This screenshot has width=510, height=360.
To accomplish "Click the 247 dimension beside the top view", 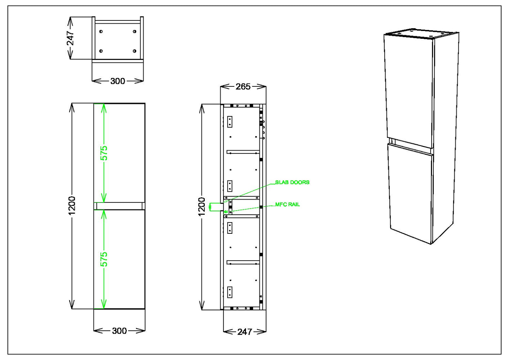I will (x=71, y=38).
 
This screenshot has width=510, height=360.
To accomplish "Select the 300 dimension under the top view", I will (x=118, y=81).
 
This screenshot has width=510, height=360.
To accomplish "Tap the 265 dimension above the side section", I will (x=243, y=87).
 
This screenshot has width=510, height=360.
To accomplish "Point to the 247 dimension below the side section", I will (x=244, y=331).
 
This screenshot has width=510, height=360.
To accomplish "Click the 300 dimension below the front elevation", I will (x=119, y=331).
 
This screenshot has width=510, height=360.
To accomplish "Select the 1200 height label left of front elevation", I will (x=72, y=206).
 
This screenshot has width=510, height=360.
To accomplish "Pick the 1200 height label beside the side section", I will (x=202, y=207).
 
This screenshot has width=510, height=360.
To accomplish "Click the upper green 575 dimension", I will (x=104, y=153).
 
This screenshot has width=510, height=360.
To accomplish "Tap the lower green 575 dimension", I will (x=104, y=259).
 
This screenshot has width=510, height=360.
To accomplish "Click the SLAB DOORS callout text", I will (x=292, y=182).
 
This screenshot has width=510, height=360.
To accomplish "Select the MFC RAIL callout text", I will (x=287, y=205).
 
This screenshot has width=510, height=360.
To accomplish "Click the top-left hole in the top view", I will (x=101, y=32).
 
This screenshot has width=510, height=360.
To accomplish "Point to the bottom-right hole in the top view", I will (x=134, y=51).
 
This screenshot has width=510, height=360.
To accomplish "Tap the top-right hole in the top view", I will (x=134, y=32).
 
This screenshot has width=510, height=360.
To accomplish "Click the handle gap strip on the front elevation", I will (x=119, y=206).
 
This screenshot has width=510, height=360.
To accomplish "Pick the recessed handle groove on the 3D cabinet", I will (x=410, y=146).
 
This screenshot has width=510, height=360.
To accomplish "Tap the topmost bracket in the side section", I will (x=230, y=122).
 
